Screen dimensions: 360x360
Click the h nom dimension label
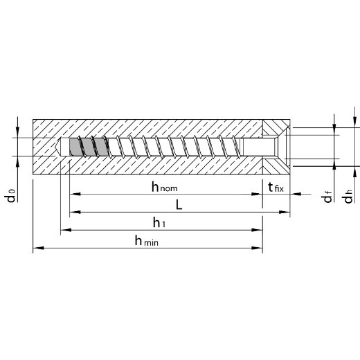[164, 187]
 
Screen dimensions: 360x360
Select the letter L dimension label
[179, 204]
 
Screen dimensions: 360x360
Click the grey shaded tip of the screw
[89, 147]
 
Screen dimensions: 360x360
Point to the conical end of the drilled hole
[57, 147]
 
